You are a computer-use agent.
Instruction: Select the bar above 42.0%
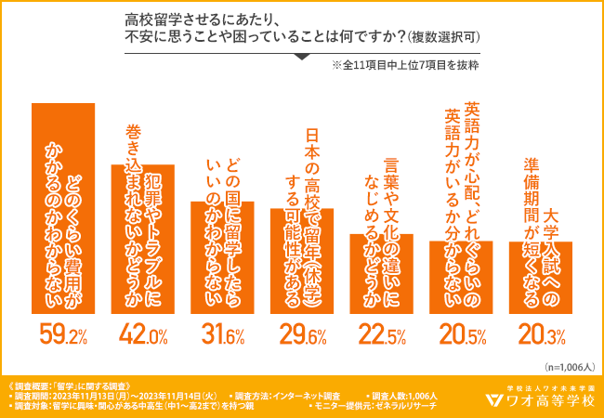coord(142,242)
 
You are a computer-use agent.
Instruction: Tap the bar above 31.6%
coord(221,260)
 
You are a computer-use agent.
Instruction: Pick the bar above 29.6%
coord(301,265)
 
